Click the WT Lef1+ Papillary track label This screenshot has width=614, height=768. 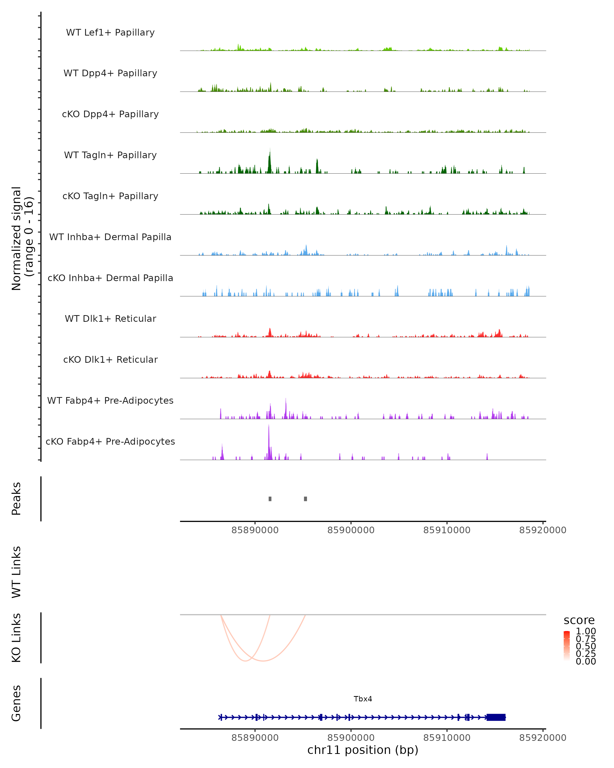point(110,33)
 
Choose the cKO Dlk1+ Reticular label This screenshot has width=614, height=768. point(110,359)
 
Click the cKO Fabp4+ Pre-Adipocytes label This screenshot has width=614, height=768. point(110,441)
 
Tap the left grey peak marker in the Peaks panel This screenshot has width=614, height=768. point(270,499)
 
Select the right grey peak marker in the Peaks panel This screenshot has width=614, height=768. point(305,499)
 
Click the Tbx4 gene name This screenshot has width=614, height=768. point(363,699)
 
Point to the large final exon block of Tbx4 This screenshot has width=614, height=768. point(496,717)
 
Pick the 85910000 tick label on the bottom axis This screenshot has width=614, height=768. point(447,738)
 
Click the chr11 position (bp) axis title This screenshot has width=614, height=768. point(363,750)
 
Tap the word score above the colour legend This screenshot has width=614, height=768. point(579,620)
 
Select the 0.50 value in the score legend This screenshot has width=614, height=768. point(586,646)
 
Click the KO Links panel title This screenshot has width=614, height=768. point(16,638)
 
